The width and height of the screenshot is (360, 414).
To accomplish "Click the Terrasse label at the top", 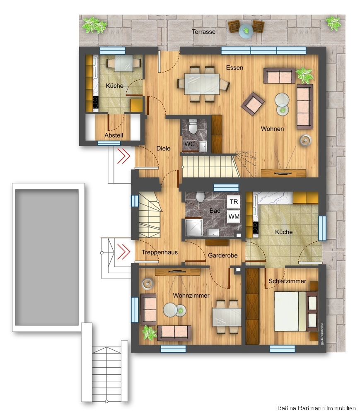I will [x=203, y=31].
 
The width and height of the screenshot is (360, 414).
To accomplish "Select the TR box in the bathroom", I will [x=234, y=202].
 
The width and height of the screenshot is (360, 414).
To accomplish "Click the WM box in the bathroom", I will [x=234, y=216].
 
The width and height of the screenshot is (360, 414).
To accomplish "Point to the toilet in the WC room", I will [x=193, y=126].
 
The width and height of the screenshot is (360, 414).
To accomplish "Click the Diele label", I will [x=163, y=149].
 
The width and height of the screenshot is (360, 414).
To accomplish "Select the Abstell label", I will [x=114, y=135].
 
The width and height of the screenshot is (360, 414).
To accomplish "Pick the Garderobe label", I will [x=222, y=255].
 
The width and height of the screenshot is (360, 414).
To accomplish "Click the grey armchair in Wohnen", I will [x=252, y=103].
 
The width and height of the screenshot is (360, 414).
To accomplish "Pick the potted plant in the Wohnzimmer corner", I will [x=149, y=333].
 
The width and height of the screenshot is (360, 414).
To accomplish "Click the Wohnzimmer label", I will [x=191, y=296].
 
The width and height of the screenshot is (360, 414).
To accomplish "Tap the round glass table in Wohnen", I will [x=283, y=100].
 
